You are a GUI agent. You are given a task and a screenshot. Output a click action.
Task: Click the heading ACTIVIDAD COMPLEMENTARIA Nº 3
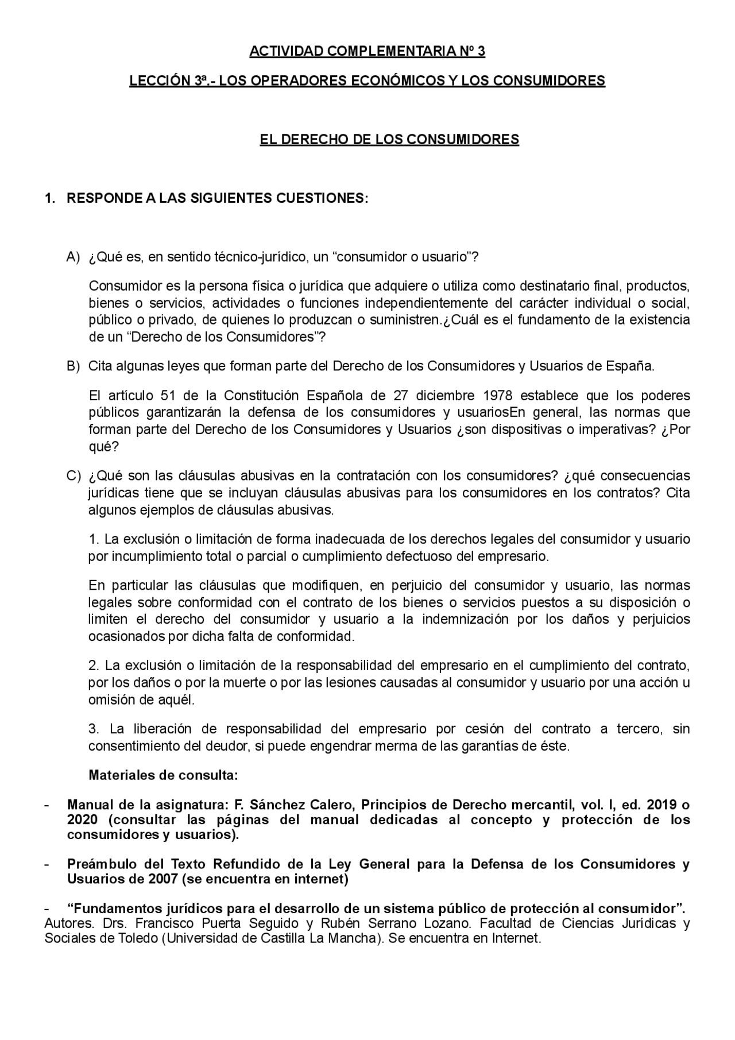[367, 52]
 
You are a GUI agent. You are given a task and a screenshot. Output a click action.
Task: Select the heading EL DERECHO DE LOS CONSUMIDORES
[389, 140]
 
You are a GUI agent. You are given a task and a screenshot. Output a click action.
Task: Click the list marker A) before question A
[73, 257]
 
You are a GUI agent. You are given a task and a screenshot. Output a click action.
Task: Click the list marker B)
[73, 366]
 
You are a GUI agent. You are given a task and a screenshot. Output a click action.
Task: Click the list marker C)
[73, 476]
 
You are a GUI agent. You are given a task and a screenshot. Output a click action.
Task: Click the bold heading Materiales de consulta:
[163, 775]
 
